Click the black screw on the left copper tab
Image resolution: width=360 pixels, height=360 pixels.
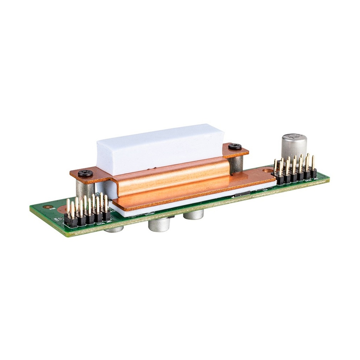coord(85,173)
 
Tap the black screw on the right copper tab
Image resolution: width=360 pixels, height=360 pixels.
coord(235,147)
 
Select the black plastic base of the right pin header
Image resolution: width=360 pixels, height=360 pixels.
coord(295,177)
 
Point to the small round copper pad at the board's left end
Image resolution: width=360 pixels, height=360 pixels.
coord(63,210)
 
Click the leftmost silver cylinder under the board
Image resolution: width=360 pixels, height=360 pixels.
coord(114,229)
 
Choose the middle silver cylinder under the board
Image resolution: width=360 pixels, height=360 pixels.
coord(159,225)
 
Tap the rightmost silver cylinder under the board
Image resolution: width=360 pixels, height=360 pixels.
coord(193,215)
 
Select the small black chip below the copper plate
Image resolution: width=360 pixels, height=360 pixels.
coord(243,194)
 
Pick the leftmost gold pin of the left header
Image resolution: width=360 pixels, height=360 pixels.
coord(68,207)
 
